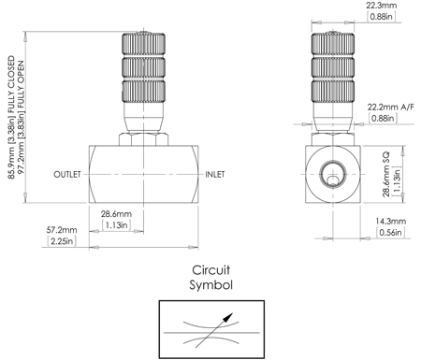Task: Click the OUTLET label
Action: point(68,175)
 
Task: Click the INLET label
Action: point(216,175)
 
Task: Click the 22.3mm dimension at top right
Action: point(380,6)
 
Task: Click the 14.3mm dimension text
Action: point(389,223)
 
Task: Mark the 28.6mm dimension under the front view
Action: point(117,213)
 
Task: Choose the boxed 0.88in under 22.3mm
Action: point(381,18)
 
